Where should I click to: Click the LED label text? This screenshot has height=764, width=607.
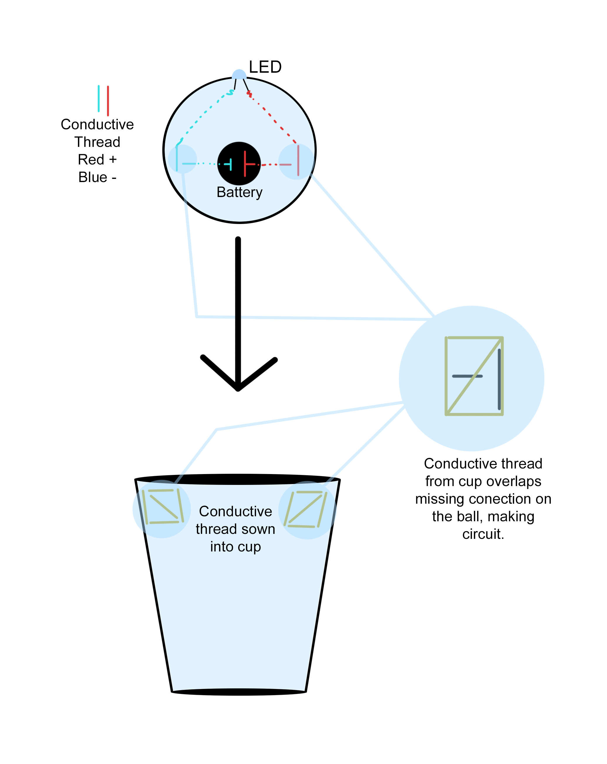pyautogui.click(x=265, y=67)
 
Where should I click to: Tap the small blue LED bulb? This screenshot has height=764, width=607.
pyautogui.click(x=239, y=75)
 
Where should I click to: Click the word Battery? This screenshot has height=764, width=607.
pyautogui.click(x=239, y=192)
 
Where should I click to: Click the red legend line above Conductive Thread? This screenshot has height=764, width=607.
pyautogui.click(x=108, y=100)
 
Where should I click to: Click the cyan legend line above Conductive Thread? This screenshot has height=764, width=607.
pyautogui.click(x=98, y=99)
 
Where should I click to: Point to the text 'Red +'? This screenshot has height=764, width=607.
pyautogui.click(x=97, y=159)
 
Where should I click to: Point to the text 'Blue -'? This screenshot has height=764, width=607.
pyautogui.click(x=97, y=177)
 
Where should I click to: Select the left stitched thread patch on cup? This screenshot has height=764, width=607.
pyautogui.click(x=163, y=507)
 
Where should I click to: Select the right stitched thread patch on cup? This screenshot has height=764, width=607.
pyautogui.click(x=306, y=509)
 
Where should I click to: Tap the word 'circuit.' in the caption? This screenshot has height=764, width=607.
pyautogui.click(x=483, y=534)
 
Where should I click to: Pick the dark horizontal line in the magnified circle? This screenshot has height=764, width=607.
pyautogui.click(x=467, y=376)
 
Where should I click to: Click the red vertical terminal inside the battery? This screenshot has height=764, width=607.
pyautogui.click(x=245, y=163)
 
